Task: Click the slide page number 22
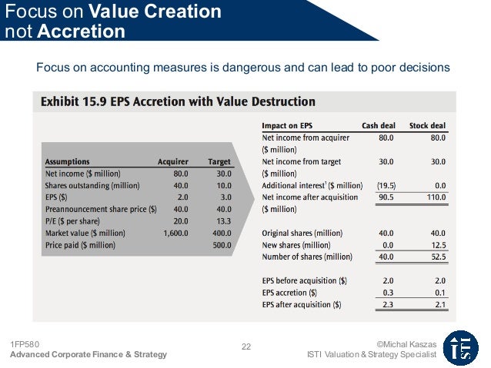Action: click(246, 346)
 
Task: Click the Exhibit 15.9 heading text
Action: click(178, 101)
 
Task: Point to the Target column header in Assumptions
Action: click(219, 162)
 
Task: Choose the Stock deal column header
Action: click(427, 125)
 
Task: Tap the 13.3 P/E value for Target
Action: click(223, 221)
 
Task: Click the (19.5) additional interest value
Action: click(386, 186)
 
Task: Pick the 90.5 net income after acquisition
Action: click(386, 197)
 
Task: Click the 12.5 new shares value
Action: click(437, 245)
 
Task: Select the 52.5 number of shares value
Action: click(437, 257)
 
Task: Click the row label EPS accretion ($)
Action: click(289, 293)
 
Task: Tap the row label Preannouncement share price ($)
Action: click(101, 210)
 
